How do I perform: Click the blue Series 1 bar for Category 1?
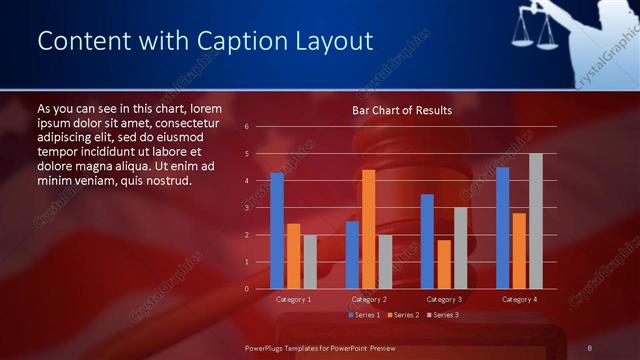click(277, 231)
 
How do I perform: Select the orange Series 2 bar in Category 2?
click(368, 229)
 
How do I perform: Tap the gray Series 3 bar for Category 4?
click(535, 221)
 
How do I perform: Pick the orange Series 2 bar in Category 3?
click(443, 264)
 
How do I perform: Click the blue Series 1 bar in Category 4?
click(502, 228)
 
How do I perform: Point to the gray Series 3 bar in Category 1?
click(310, 262)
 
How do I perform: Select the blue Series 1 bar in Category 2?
click(352, 255)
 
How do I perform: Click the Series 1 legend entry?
click(363, 315)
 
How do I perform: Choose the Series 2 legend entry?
click(402, 315)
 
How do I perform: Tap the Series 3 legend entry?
click(442, 315)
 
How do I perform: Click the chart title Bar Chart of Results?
click(401, 110)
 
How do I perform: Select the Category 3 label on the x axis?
click(443, 299)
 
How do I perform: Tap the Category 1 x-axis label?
click(293, 299)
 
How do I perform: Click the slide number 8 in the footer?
click(590, 347)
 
